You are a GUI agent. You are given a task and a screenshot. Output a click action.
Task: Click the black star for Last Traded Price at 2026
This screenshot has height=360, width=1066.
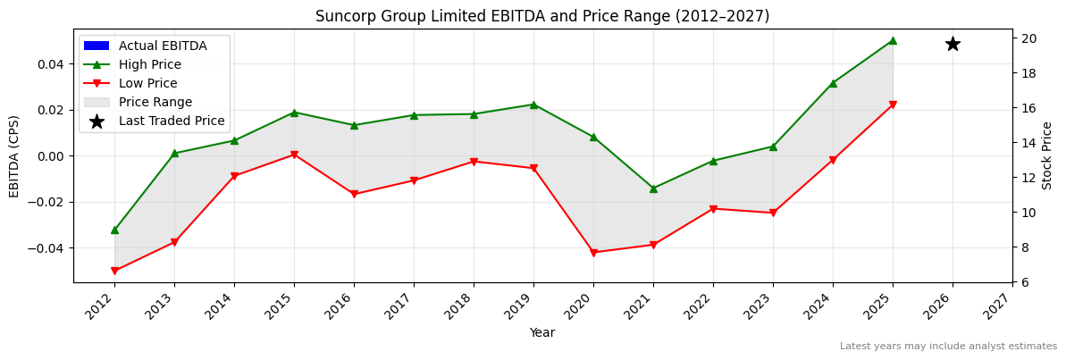click(x=953, y=44)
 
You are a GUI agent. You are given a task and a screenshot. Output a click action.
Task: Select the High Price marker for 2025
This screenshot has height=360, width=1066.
click(x=893, y=40)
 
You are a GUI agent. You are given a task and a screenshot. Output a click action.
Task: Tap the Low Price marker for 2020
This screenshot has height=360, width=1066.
click(x=593, y=253)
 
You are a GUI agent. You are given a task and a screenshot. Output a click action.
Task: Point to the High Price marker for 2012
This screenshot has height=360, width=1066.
click(x=114, y=230)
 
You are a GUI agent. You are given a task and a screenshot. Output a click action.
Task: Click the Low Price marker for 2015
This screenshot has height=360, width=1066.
click(x=294, y=155)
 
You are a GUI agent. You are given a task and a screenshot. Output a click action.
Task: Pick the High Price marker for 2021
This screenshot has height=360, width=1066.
click(x=653, y=188)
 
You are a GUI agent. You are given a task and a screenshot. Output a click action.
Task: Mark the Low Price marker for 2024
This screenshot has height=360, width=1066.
click(x=833, y=160)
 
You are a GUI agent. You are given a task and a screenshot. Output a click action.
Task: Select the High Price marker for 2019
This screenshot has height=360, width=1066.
click(x=533, y=105)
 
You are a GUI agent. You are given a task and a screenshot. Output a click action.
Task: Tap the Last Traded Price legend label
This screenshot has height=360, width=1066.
click(x=172, y=121)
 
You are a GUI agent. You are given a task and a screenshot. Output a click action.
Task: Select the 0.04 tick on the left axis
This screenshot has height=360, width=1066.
click(x=50, y=64)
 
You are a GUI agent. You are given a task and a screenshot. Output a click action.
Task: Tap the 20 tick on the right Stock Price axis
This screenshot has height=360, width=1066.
click(x=1028, y=38)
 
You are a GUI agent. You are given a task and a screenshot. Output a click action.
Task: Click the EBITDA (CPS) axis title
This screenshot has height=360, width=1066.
click(x=14, y=156)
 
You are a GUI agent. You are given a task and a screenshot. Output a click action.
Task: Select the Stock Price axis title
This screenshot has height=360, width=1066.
click(x=1047, y=156)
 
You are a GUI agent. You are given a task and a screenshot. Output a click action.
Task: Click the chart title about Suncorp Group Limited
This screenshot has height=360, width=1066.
click(x=542, y=16)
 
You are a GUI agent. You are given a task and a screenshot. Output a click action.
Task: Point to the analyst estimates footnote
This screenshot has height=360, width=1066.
click(x=948, y=347)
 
